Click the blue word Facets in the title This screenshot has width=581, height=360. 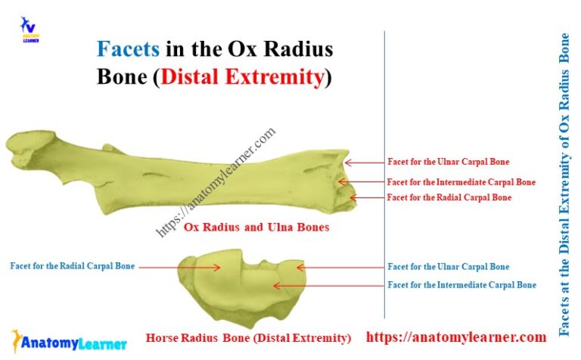128,50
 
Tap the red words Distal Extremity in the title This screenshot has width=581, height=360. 242,77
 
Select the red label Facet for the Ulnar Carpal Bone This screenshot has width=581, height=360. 448,162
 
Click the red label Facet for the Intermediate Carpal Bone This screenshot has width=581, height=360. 461,182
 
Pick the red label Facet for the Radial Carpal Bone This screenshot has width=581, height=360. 449,197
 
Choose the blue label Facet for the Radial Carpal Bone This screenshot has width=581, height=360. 73,266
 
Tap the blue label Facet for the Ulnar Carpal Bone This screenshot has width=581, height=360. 448,267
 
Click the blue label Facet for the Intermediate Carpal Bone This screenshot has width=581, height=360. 461,285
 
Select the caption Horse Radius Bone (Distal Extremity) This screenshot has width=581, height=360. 248,338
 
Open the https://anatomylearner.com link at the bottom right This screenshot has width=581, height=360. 456,337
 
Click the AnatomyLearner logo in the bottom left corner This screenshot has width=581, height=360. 69,342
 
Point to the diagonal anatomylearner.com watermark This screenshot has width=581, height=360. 216,182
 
